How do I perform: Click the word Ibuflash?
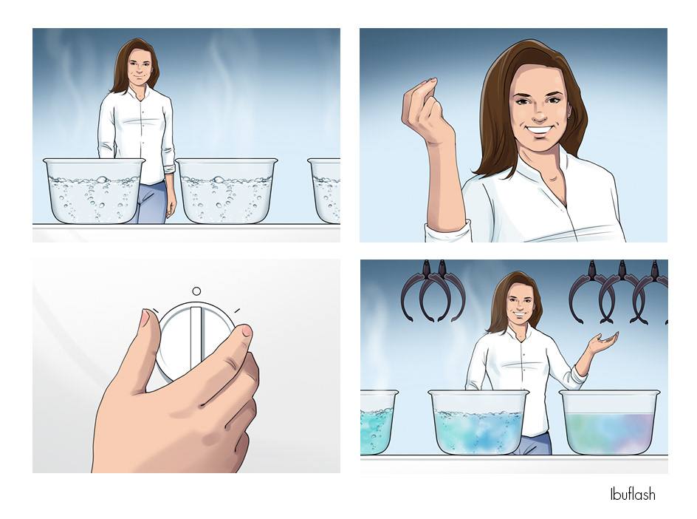(632, 494)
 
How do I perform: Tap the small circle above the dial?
(196, 291)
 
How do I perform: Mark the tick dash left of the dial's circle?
(155, 311)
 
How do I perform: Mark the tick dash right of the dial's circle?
(237, 310)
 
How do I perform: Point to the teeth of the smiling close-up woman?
(538, 132)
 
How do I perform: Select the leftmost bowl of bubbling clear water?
(94, 191)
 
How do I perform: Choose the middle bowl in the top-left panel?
(226, 191)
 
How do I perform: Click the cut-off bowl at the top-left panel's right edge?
(324, 191)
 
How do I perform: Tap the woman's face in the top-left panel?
(140, 68)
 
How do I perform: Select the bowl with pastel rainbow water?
(609, 422)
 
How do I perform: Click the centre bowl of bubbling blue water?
(478, 422)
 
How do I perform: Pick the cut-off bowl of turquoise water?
(378, 422)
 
